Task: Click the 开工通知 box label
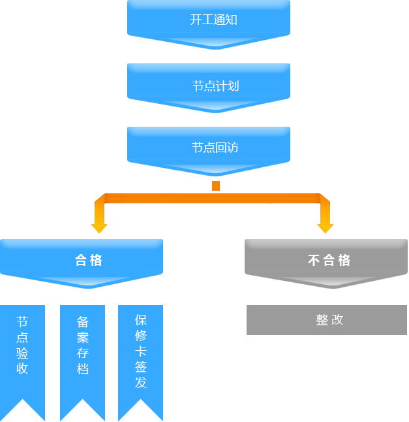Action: pyautogui.click(x=213, y=20)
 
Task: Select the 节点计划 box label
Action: pyautogui.click(x=215, y=86)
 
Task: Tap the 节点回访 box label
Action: pyautogui.click(x=215, y=148)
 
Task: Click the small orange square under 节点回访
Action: pyautogui.click(x=216, y=186)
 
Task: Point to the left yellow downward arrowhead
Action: pyautogui.click(x=99, y=227)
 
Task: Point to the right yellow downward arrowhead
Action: pyautogui.click(x=326, y=227)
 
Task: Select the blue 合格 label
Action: pyautogui.click(x=89, y=260)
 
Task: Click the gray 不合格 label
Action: pyautogui.click(x=329, y=260)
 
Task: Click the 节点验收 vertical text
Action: pyautogui.click(x=22, y=344)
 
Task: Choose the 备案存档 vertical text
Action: pyautogui.click(x=82, y=344)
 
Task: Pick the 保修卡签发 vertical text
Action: pyautogui.click(x=141, y=351)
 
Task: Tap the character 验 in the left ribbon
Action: pyautogui.click(x=22, y=353)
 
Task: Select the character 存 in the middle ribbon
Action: pyautogui.click(x=82, y=353)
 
